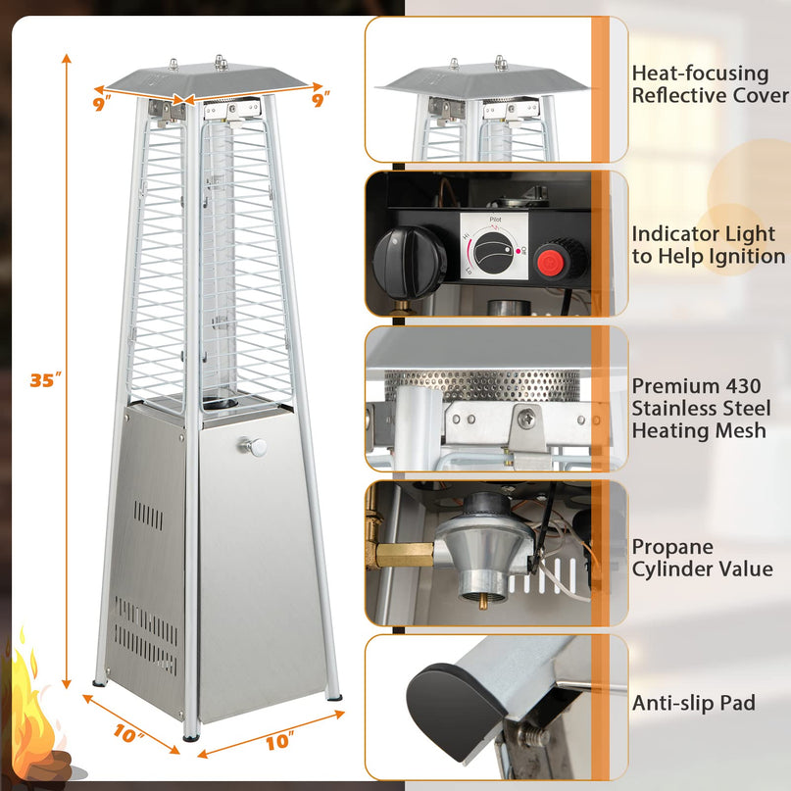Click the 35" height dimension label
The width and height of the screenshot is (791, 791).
pyautogui.click(x=45, y=380)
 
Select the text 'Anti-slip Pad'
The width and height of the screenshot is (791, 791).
pyautogui.click(x=694, y=703)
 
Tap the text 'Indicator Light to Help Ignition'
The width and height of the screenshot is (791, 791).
pyautogui.click(x=708, y=245)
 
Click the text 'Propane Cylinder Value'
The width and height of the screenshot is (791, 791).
pyautogui.click(x=702, y=558)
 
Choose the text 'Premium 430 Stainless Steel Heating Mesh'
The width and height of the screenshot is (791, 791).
pyautogui.click(x=698, y=408)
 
